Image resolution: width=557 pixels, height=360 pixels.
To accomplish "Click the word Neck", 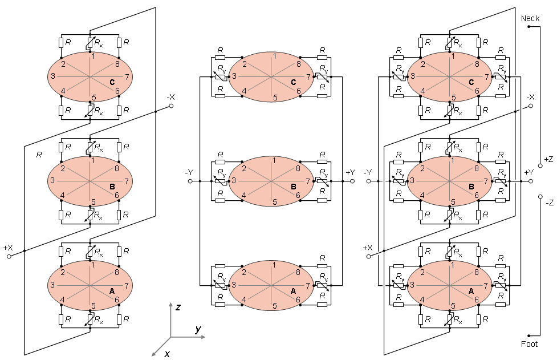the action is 530,18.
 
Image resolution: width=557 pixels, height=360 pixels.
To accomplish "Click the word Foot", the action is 529,343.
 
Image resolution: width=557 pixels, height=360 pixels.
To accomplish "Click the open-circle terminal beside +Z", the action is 540,165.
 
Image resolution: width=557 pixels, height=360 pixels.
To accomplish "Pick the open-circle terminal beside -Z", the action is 540,196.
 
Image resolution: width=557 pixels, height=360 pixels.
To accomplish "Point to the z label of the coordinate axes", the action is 178,307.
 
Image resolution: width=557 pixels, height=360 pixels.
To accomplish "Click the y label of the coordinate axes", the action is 198,329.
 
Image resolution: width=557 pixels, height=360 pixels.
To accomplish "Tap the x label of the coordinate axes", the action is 167,354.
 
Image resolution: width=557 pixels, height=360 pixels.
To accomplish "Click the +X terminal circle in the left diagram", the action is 9,256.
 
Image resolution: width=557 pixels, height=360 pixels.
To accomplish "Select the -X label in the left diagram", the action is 171,97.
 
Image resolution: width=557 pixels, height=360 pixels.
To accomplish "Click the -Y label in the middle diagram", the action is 189,172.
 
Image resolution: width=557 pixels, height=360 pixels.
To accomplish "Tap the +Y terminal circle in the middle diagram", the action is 352,181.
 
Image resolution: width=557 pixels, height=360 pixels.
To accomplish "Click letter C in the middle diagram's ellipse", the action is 294,83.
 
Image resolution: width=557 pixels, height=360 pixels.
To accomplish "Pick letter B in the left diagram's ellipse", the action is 112,187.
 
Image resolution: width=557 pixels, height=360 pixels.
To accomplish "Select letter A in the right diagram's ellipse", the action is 471,291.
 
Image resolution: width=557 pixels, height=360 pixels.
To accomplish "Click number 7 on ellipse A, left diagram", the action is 127,285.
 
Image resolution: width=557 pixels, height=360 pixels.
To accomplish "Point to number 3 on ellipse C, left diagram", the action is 53,76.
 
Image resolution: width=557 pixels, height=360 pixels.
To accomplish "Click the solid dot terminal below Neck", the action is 528,27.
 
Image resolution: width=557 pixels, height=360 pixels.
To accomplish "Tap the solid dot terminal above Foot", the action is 528,335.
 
